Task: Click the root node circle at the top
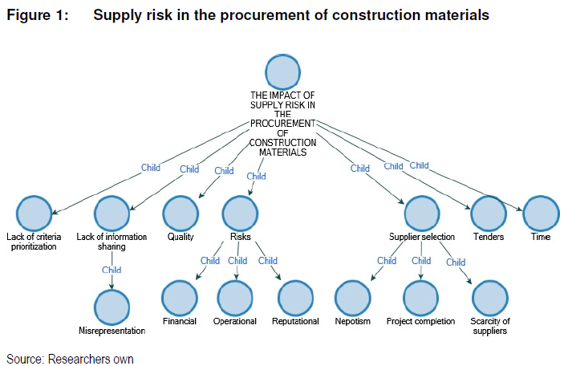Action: [282, 72]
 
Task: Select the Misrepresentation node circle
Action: [112, 307]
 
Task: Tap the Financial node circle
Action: [179, 299]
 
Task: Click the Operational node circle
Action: [235, 299]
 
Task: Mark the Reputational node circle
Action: [295, 299]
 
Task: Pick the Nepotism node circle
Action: [352, 299]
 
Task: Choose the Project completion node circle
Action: [421, 299]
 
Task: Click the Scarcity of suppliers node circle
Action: [489, 299]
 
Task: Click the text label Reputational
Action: [295, 322]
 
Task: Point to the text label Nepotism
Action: [352, 322]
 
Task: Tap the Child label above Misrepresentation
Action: [112, 270]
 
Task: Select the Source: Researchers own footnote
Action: [70, 358]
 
